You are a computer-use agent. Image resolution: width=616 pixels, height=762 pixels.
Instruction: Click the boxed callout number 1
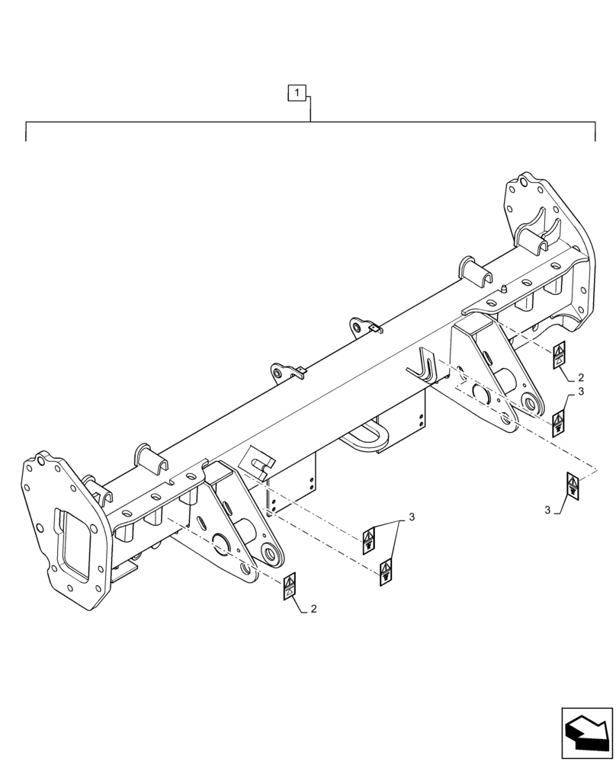(x=297, y=93)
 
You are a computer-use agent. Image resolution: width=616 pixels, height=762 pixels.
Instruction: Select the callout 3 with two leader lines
(x=412, y=517)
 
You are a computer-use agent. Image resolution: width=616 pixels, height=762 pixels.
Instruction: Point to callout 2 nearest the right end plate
(x=581, y=377)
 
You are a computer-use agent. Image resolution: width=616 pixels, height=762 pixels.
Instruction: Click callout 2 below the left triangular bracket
(x=314, y=609)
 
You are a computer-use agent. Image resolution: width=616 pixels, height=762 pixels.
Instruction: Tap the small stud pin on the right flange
(x=505, y=289)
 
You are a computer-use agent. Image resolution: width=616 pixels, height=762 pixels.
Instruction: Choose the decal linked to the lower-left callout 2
(x=290, y=588)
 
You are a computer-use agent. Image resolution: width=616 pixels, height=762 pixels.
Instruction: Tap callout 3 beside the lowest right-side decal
(x=547, y=509)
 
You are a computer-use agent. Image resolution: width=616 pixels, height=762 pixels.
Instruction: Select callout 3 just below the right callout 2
(x=581, y=392)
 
